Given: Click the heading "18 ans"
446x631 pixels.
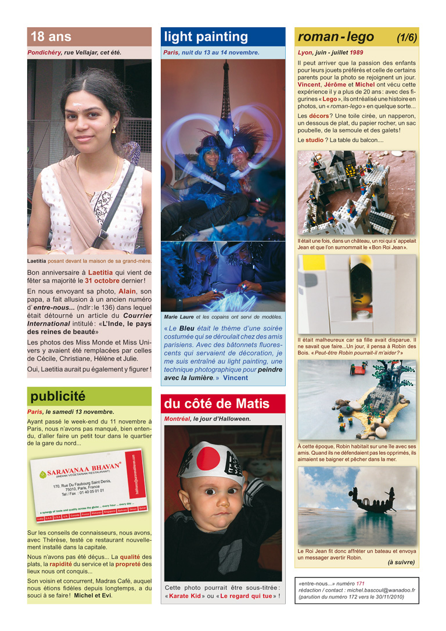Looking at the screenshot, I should tap(51, 37).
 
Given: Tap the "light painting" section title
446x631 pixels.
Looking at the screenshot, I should tap(206, 37).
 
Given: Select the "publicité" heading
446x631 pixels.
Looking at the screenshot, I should tap(57, 396).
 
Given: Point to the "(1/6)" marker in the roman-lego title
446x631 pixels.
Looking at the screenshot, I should tap(407, 38).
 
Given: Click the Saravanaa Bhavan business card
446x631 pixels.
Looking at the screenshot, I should tap(89, 487).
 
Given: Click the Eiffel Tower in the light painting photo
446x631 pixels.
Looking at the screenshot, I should tap(225, 99).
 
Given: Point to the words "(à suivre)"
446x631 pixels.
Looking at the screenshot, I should tap(401, 562).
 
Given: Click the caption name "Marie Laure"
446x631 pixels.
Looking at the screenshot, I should tap(179, 317).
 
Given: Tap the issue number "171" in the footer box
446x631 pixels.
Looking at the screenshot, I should tap(360, 583).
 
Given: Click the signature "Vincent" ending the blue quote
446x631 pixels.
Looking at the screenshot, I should tap(235, 378).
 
